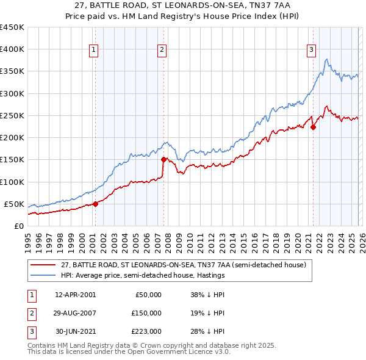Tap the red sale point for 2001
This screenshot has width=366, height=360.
click(x=96, y=204)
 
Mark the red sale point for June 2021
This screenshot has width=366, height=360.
click(x=313, y=128)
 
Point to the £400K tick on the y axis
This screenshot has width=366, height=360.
click(x=12, y=49)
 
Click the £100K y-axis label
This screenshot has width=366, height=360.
click(x=12, y=182)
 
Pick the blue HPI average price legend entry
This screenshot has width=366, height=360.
click(x=143, y=275)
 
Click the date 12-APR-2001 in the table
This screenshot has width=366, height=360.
click(x=75, y=295)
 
